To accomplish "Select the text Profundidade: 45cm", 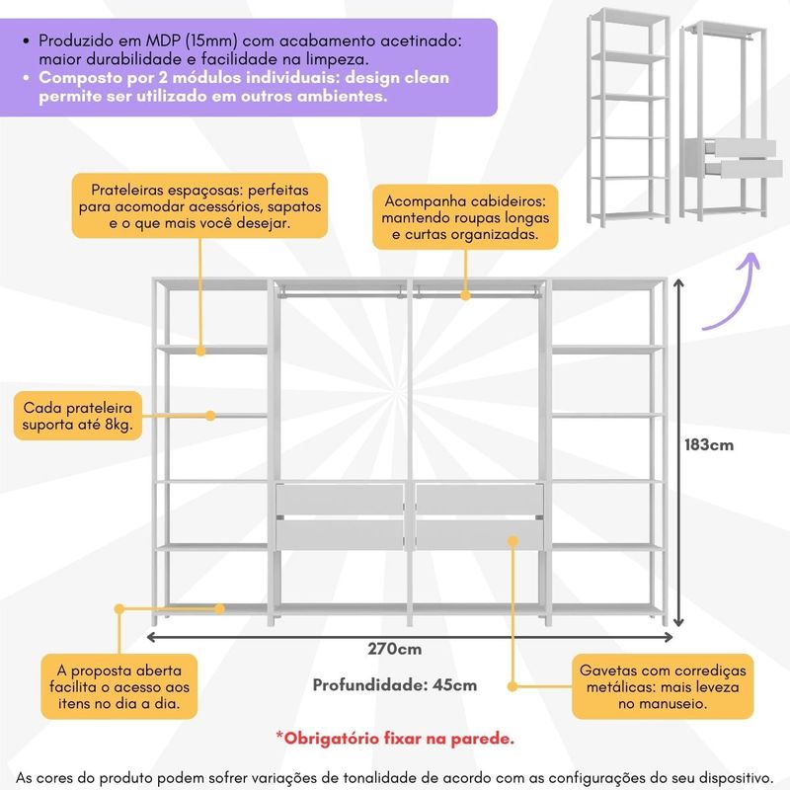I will [x=395, y=684].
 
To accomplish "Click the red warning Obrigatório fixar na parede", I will [x=395, y=737].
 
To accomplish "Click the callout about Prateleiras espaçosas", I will [x=199, y=205].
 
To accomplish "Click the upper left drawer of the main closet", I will [x=341, y=501].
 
